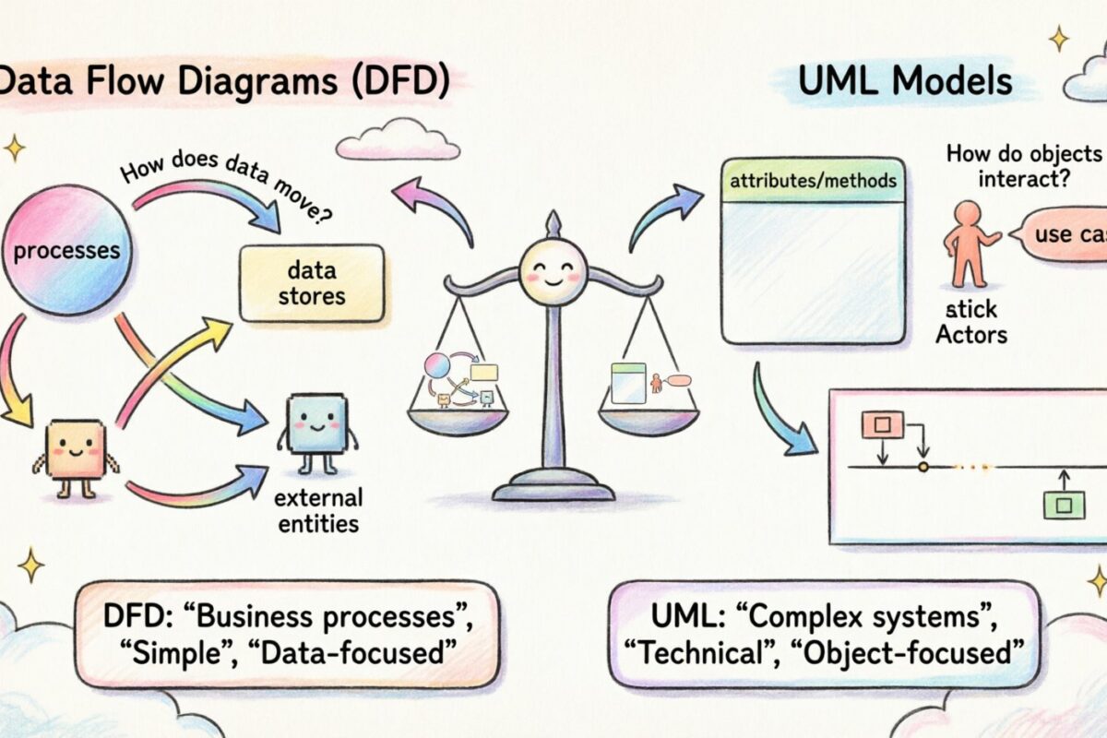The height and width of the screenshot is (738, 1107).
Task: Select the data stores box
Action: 311,283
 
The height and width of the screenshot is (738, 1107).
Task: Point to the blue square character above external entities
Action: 316,426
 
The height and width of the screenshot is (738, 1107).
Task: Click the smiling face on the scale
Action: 552,271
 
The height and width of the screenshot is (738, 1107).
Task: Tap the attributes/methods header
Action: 813,181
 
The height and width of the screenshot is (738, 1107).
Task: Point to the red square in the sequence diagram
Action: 882,423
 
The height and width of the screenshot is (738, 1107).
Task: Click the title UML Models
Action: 905,82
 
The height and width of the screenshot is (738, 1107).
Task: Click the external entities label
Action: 317,511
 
